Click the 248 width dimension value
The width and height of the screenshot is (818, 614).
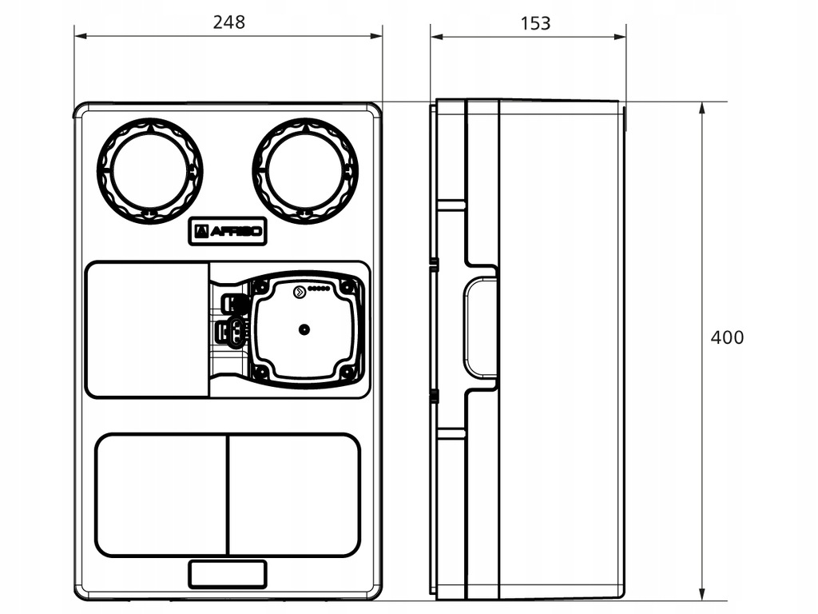pyautogui.click(x=228, y=22)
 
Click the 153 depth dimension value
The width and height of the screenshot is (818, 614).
pyautogui.click(x=535, y=23)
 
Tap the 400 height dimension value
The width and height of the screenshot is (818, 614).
pyautogui.click(x=727, y=337)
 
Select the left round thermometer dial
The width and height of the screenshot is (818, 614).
pyautogui.click(x=149, y=171)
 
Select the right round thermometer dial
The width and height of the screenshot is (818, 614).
pyautogui.click(x=305, y=171)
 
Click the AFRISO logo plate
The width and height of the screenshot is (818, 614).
pyautogui.click(x=228, y=232)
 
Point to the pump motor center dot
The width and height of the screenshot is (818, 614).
pyautogui.click(x=304, y=329)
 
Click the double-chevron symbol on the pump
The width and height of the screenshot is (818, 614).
pyautogui.click(x=298, y=293)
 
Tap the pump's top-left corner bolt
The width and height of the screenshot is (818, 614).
pyautogui.click(x=260, y=286)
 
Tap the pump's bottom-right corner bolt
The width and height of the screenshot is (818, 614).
pyautogui.click(x=347, y=371)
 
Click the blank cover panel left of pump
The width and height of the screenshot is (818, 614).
pyautogui.click(x=147, y=329)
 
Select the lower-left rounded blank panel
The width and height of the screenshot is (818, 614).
pyautogui.click(x=161, y=495)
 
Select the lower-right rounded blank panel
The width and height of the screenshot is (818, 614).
pyautogui.click(x=293, y=495)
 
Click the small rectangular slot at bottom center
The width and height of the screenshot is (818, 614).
pyautogui.click(x=228, y=573)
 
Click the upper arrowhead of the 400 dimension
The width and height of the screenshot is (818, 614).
pyautogui.click(x=701, y=107)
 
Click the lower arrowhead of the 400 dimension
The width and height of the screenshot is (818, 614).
pyautogui.click(x=701, y=595)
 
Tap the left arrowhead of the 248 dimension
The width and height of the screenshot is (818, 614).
pyautogui.click(x=80, y=36)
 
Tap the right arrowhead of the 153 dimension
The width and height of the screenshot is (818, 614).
pyautogui.click(x=621, y=36)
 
